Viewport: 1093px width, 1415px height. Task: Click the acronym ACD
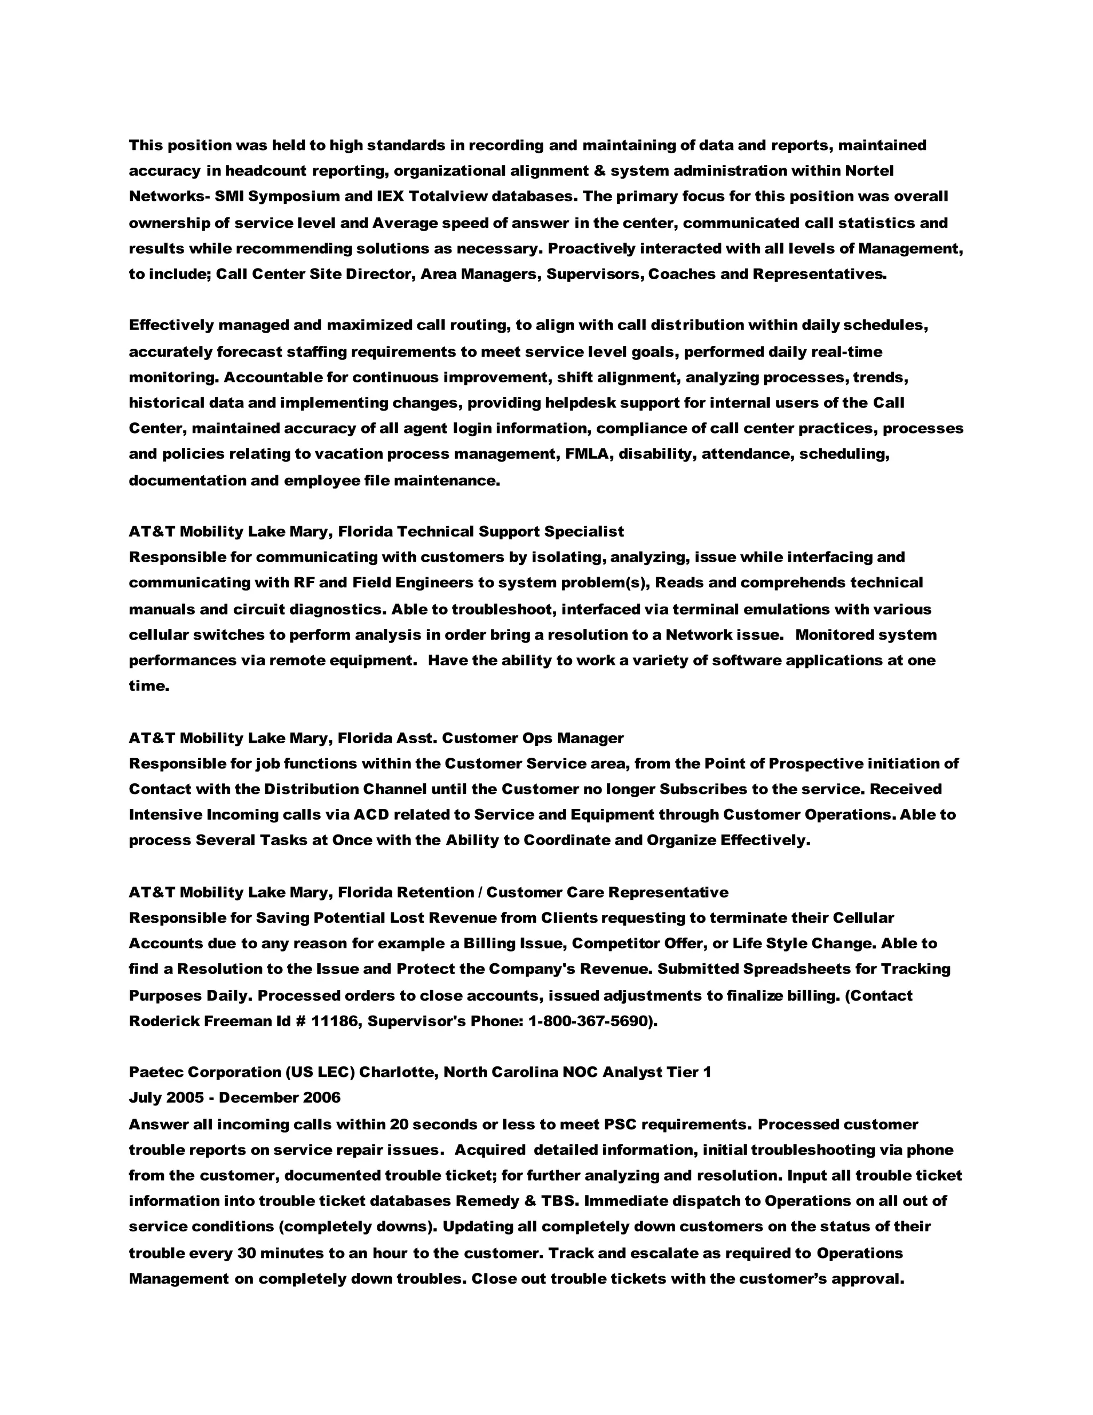370,814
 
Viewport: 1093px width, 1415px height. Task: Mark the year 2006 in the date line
321,1097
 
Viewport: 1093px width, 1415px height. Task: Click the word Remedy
485,1200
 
